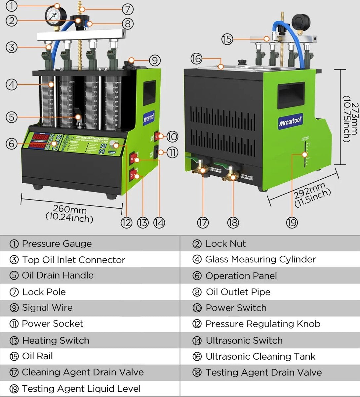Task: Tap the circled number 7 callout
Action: coord(128,9)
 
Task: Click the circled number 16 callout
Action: coord(196,59)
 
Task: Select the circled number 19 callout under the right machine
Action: coord(292,222)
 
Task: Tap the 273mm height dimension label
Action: coord(350,117)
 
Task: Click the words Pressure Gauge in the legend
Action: coord(57,244)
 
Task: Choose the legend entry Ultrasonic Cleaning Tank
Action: coord(260,356)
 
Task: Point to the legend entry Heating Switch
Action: coord(56,340)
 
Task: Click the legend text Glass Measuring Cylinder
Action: coord(260,259)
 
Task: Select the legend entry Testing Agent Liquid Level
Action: coord(81,388)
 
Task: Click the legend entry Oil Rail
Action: coord(37,356)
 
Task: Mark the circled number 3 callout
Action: coord(12,47)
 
